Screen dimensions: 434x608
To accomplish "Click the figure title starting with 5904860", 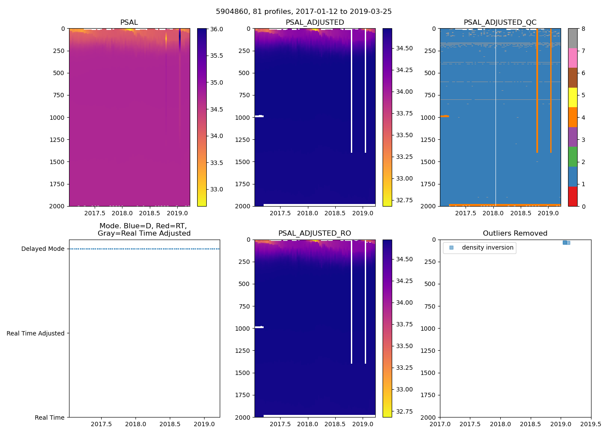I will [304, 12].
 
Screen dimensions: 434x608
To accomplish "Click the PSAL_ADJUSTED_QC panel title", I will [500, 23].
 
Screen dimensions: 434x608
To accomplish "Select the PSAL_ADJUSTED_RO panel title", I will [314, 233].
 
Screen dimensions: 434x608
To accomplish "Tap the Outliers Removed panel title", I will [515, 233].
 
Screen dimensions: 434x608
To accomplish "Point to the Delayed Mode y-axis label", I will [43, 249].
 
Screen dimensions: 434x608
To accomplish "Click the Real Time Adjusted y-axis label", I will [36, 333].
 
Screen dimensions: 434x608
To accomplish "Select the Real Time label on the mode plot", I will [50, 418].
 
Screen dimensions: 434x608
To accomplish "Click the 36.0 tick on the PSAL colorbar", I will [217, 29].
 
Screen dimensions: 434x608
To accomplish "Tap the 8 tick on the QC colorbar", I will [583, 29].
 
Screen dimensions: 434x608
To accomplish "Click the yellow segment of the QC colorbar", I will [573, 97].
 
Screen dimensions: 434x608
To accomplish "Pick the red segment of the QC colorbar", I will [573, 196].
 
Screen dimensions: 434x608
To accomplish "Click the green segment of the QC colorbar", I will [573, 157].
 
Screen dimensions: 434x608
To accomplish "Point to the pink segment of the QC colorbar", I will [573, 58].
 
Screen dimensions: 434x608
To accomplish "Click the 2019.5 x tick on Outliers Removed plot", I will [591, 424].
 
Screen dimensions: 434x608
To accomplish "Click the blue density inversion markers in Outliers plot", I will [566, 243].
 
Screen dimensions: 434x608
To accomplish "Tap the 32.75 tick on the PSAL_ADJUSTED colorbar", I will [404, 200].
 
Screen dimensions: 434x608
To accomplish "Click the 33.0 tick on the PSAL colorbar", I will [217, 189].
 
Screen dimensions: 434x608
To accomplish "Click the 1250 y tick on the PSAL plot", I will [57, 140].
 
